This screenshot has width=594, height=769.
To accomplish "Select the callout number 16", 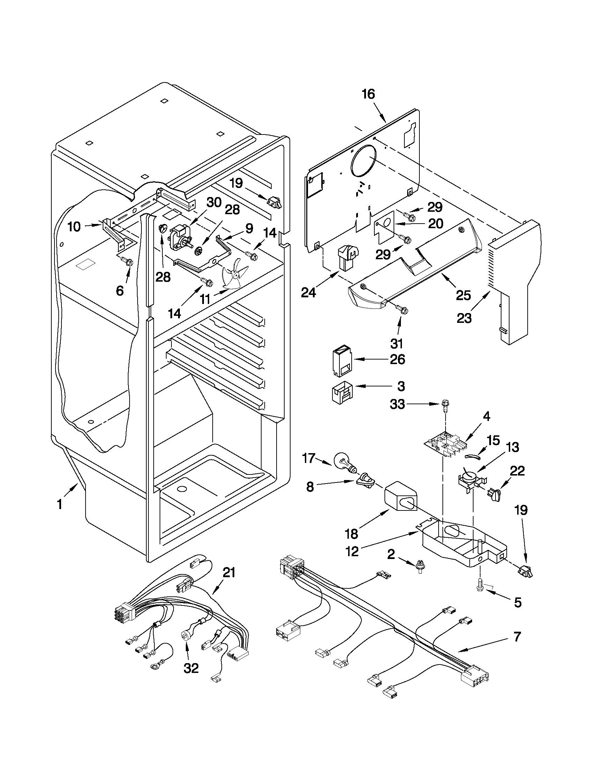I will tap(368, 95).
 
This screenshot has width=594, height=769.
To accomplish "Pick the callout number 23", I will tap(464, 318).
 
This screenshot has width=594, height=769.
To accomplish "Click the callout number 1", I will tap(59, 505).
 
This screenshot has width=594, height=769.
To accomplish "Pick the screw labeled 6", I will tap(129, 262).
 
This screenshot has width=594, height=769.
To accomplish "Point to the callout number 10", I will tap(74, 227).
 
